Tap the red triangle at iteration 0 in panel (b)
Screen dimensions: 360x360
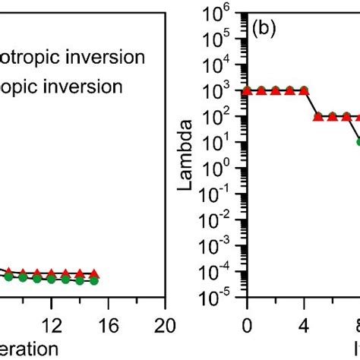click(246, 90)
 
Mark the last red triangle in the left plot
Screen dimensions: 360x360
click(93, 273)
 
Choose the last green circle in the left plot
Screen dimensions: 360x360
click(93, 281)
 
